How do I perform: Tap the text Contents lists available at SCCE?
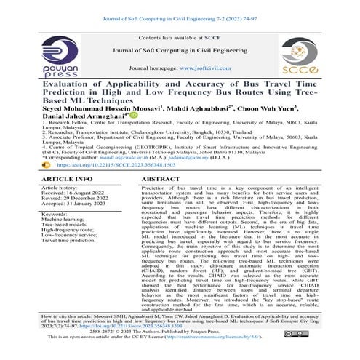180,36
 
